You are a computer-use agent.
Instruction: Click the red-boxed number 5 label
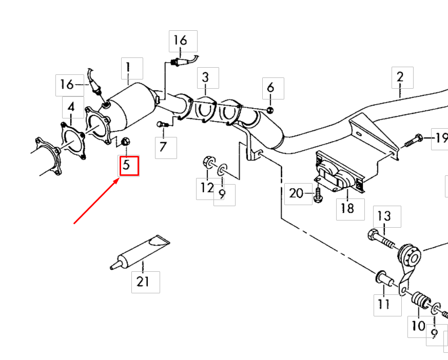coord(129,166)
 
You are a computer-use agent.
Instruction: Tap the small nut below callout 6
coord(270,110)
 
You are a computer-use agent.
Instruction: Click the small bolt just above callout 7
coord(161,124)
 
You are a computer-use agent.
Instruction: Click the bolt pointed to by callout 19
coord(414,139)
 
